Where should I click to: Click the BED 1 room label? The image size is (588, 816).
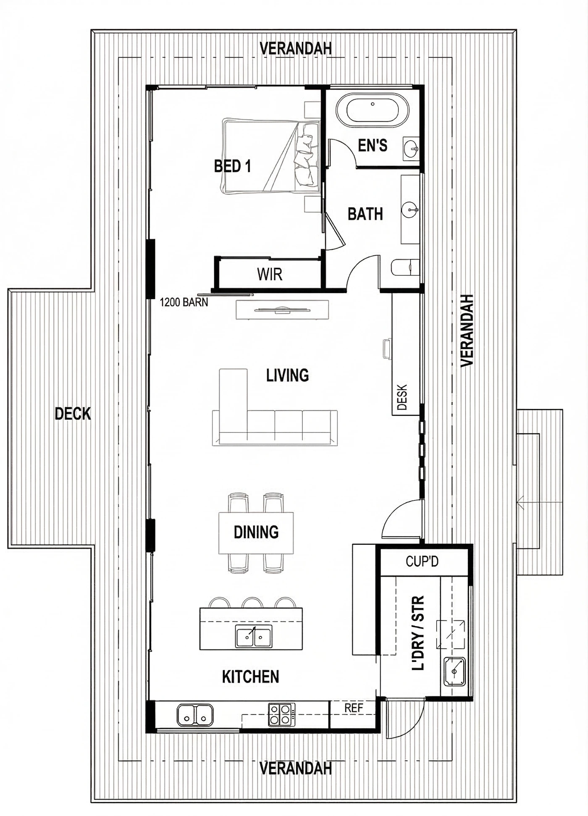pos(232,166)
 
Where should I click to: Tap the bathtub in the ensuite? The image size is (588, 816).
pos(372,110)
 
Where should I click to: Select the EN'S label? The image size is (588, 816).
pos(373,146)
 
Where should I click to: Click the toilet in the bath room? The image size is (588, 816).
pos(405,268)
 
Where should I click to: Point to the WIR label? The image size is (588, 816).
pos(270,275)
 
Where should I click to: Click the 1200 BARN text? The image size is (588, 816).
pos(184,302)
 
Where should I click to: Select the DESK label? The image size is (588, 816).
pos(402,397)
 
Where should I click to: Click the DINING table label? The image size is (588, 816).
pos(256,532)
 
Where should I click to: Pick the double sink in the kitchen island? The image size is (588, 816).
pos(253,636)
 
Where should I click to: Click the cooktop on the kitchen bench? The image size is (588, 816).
pos(281,714)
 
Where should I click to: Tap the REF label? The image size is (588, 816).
pos(353,708)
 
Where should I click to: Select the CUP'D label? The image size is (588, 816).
pos(422,561)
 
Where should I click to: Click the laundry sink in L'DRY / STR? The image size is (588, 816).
pos(454,672)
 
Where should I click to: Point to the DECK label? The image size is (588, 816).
pos(73,414)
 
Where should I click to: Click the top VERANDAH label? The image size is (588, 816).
pos(296,49)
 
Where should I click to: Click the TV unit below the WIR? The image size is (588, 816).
pos(282,310)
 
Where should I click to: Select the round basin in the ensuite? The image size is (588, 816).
pos(411,148)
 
